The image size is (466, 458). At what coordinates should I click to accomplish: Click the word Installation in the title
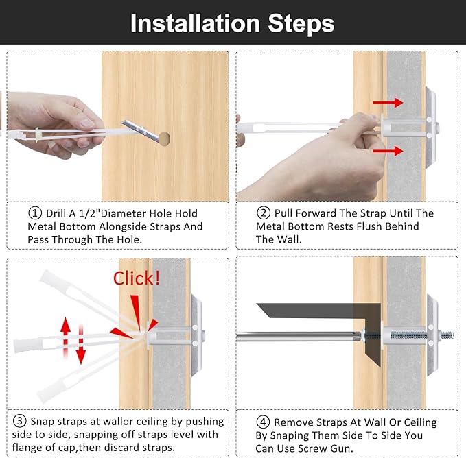pos(196,23)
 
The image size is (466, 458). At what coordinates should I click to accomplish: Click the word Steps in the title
pos(301,24)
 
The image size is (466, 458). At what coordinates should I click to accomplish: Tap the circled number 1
pos(35,213)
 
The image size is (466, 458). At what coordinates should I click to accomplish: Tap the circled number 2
pos(264,213)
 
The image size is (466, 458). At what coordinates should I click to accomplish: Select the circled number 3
pos(20,421)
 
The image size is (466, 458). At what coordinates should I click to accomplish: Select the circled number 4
pos(263,422)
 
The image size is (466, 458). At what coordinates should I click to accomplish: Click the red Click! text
pos(137,278)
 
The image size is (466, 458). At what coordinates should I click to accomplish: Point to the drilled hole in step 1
pos(164,138)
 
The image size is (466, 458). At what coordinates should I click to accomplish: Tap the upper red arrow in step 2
pos(388,103)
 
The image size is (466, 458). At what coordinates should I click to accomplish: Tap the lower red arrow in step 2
pos(388,151)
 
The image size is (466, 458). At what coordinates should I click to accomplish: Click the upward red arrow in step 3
pos(65,337)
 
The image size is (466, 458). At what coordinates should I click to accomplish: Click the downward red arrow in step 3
pos(80,344)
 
